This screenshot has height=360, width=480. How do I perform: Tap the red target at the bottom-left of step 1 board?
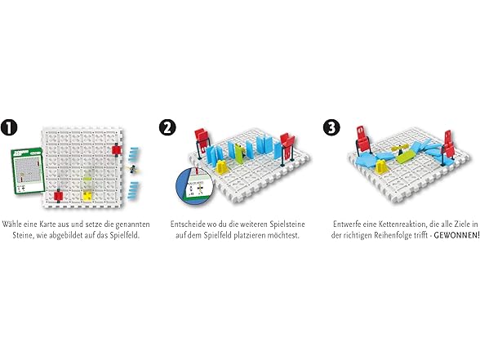[x=58, y=195]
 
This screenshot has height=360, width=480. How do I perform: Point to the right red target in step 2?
[x=287, y=144]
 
